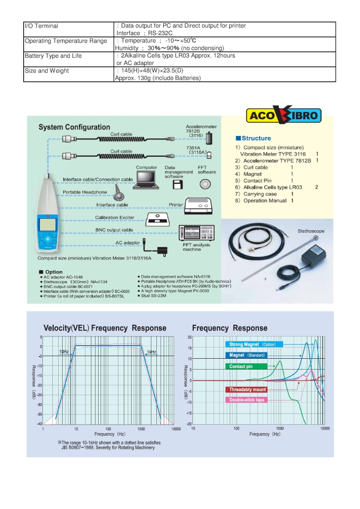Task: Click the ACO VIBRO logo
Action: (284, 116)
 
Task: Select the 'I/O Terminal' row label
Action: (41, 26)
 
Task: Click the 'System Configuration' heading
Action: (74, 127)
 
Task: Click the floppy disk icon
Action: (178, 185)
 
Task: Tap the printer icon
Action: (198, 203)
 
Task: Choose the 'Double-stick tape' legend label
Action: (247, 400)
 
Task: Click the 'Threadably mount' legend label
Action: (247, 390)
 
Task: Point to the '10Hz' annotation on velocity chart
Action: (64, 352)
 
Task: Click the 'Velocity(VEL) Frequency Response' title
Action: (105, 328)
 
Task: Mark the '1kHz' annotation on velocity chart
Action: (151, 352)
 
